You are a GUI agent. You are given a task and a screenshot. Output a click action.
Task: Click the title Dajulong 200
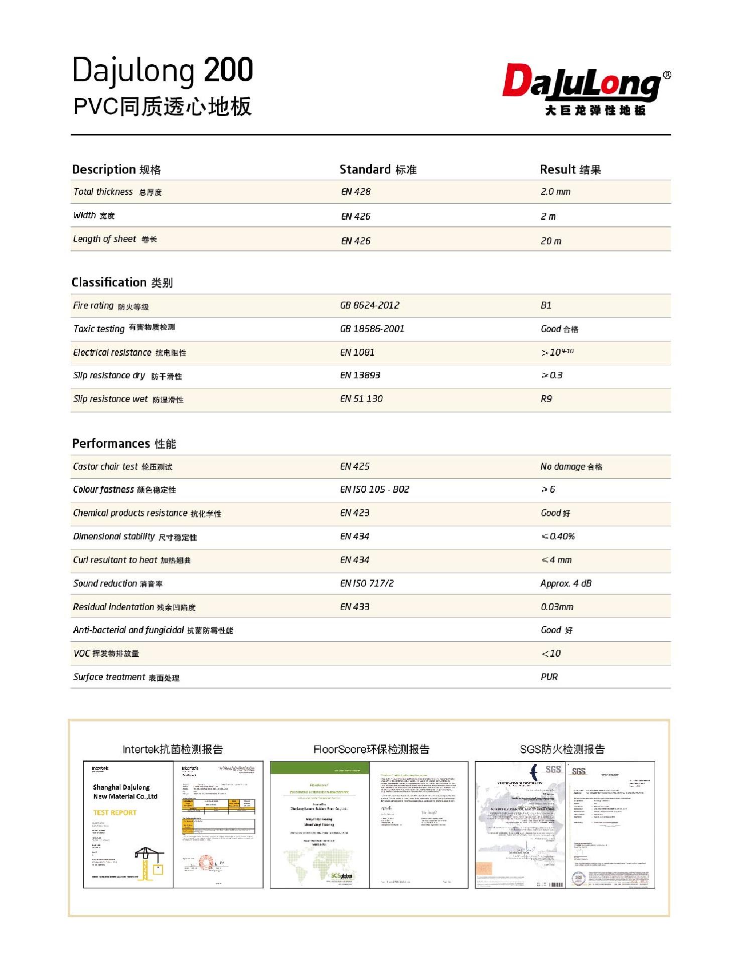163,70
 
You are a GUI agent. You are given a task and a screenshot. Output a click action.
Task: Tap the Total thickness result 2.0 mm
555,192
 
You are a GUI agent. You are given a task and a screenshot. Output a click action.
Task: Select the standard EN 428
356,192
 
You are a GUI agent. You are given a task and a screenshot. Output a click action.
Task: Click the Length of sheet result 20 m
551,241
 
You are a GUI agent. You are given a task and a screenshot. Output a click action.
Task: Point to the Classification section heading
122,283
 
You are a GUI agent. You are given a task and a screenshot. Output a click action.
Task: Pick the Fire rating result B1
546,305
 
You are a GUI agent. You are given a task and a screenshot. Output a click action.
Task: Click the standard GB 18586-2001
372,329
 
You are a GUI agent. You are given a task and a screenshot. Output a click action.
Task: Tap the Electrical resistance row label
129,352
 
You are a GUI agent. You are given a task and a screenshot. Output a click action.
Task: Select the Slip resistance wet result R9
546,398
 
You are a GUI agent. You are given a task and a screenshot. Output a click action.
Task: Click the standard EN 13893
360,375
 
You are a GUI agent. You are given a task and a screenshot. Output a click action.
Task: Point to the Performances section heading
124,444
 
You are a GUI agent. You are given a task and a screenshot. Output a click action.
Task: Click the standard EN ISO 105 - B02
374,489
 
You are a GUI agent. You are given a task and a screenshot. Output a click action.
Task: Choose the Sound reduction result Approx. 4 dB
565,583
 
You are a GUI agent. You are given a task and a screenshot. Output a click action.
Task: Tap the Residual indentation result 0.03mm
557,607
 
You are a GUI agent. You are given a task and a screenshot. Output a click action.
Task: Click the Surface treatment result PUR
549,676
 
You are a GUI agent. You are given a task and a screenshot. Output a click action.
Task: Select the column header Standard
378,170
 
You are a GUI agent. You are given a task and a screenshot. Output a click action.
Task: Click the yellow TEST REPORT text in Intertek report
114,812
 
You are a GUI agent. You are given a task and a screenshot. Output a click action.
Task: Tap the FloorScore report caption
371,749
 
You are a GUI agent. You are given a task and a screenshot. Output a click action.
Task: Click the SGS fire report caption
562,749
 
